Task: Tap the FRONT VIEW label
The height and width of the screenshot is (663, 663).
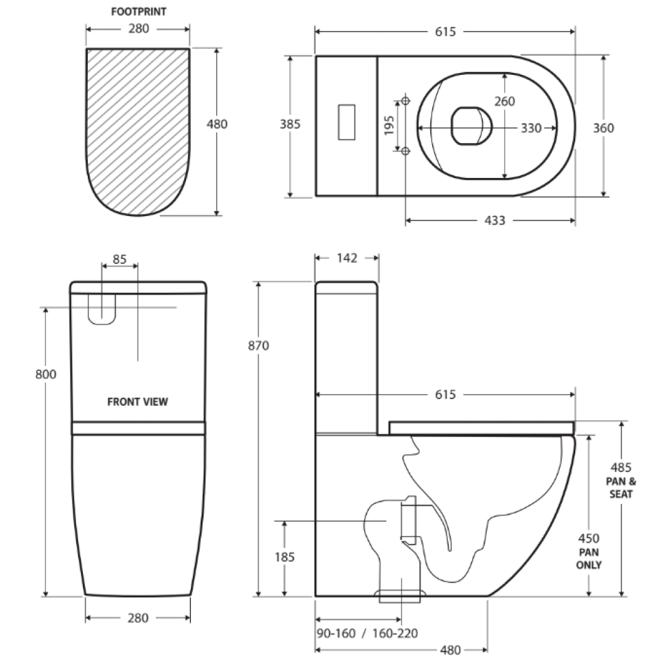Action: click(x=138, y=402)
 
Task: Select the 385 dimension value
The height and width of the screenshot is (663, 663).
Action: click(x=290, y=124)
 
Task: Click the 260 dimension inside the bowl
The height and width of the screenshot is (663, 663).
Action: click(x=505, y=101)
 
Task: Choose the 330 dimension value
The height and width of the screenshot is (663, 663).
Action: click(x=531, y=128)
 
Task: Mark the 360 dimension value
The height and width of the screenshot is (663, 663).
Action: click(x=603, y=128)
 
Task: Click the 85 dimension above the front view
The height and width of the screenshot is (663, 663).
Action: click(x=120, y=259)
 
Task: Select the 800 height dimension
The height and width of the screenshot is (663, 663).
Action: click(x=45, y=374)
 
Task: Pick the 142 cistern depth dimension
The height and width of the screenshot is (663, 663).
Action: click(x=347, y=258)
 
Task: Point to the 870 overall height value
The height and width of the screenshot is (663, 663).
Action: click(x=258, y=346)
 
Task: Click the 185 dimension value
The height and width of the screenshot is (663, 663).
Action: click(x=285, y=557)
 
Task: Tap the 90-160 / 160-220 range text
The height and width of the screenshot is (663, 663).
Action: click(x=367, y=634)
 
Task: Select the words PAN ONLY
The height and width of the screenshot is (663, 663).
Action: click(x=589, y=559)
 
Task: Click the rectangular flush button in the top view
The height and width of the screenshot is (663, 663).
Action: click(x=346, y=123)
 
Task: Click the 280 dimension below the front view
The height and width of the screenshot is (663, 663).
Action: click(x=138, y=618)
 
